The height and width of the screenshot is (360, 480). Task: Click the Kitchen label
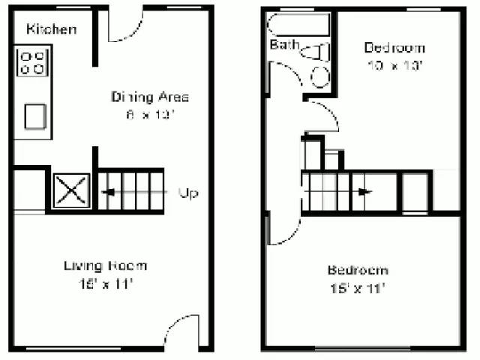pyautogui.click(x=51, y=30)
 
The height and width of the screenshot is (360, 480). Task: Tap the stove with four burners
pyautogui.click(x=31, y=62)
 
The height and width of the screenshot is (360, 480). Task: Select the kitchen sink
pyautogui.click(x=35, y=116)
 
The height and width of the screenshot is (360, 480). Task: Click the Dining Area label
pyautogui.click(x=150, y=97)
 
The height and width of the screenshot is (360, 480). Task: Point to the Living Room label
pyautogui.click(x=105, y=265)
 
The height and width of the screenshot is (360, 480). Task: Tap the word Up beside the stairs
pyautogui.click(x=188, y=193)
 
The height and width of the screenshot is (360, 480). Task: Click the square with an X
pyautogui.click(x=71, y=190)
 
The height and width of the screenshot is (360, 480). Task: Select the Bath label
pyautogui.click(x=284, y=45)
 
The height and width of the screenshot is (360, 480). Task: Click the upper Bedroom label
pyautogui.click(x=394, y=48)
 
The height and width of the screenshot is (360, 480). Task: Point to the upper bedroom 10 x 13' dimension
pyautogui.click(x=394, y=65)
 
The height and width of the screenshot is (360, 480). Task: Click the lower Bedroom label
pyautogui.click(x=357, y=270)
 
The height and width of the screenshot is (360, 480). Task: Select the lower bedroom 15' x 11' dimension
pyautogui.click(x=357, y=288)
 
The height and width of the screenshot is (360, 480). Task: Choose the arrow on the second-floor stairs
pyautogui.click(x=362, y=191)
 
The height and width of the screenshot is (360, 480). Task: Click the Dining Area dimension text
pyautogui.click(x=150, y=115)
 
